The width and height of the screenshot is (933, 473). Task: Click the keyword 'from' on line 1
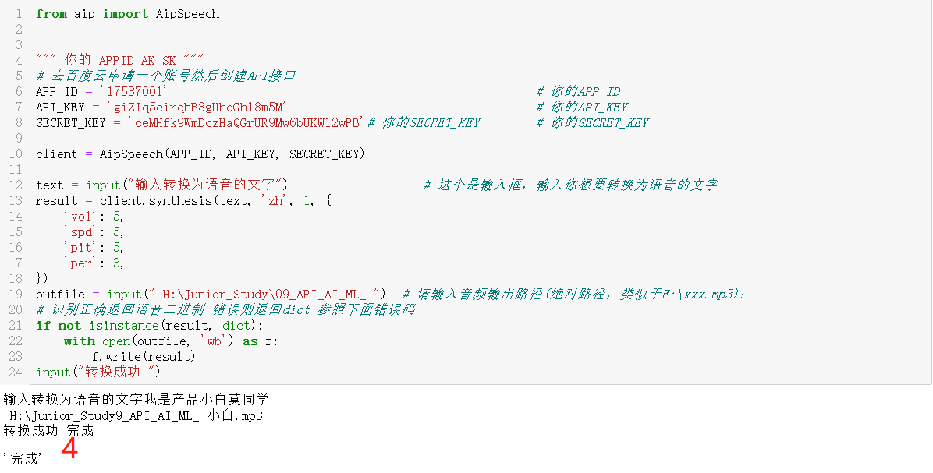point(51,13)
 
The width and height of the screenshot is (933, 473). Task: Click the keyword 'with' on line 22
point(80,341)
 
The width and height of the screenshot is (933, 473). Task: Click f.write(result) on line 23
point(144,356)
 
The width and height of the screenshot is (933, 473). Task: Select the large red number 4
point(69,449)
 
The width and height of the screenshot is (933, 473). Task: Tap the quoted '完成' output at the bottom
point(23,459)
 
